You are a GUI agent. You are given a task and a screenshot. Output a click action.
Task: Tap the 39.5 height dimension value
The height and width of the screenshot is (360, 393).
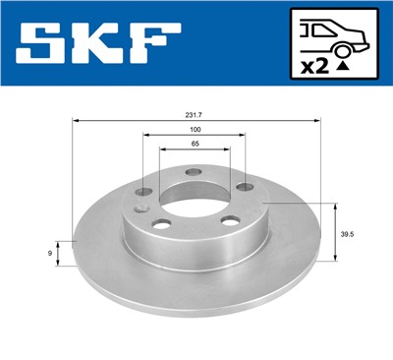[x=346, y=233]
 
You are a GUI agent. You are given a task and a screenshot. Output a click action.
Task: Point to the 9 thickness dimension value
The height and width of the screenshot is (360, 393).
[x=50, y=254]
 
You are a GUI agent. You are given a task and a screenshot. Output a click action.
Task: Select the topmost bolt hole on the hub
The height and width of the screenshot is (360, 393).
[x=193, y=173]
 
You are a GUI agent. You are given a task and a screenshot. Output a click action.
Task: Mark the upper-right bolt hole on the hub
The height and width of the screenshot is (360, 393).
[x=242, y=189]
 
